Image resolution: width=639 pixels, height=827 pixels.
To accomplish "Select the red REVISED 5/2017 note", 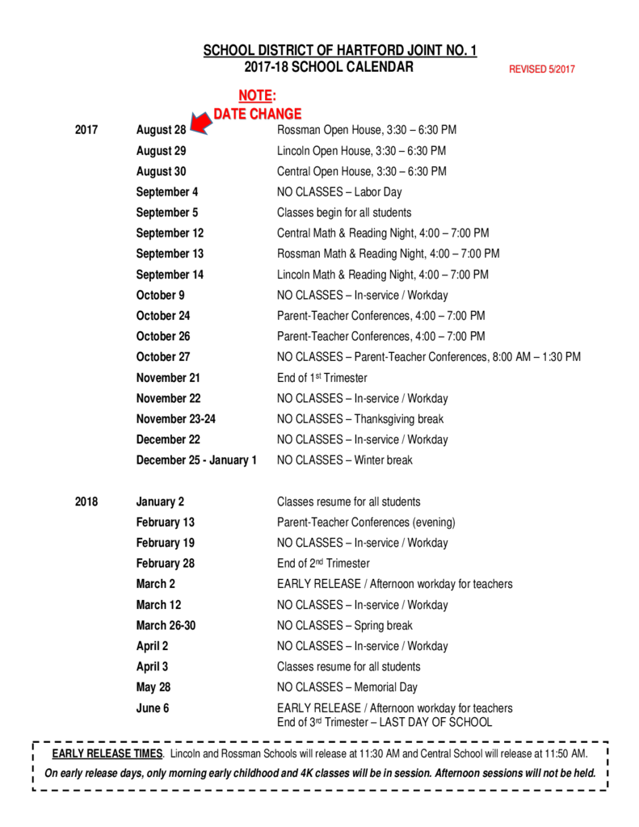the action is pos(541,69).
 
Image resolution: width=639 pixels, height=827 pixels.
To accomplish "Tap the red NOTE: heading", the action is pos(257,97).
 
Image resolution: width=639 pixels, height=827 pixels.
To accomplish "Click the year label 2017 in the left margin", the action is pos(86,130).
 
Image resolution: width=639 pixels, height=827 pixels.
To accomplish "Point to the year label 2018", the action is pos(86,502).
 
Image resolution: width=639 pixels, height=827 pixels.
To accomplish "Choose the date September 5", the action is pos(167,212).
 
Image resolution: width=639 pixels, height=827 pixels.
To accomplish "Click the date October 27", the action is pos(163,357).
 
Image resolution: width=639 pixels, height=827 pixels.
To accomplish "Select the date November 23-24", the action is pos(176,419).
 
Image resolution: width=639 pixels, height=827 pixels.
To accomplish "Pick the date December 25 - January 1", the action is pos(196,460).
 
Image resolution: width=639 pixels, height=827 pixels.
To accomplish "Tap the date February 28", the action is pos(166,564).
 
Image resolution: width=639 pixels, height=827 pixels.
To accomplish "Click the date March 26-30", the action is pos(166,625).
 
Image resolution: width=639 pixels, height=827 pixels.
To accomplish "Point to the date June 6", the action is pos(153,708).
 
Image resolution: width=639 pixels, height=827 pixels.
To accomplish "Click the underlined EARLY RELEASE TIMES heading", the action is pos(107,754).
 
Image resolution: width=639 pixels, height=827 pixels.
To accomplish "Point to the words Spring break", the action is pos(384,625).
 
